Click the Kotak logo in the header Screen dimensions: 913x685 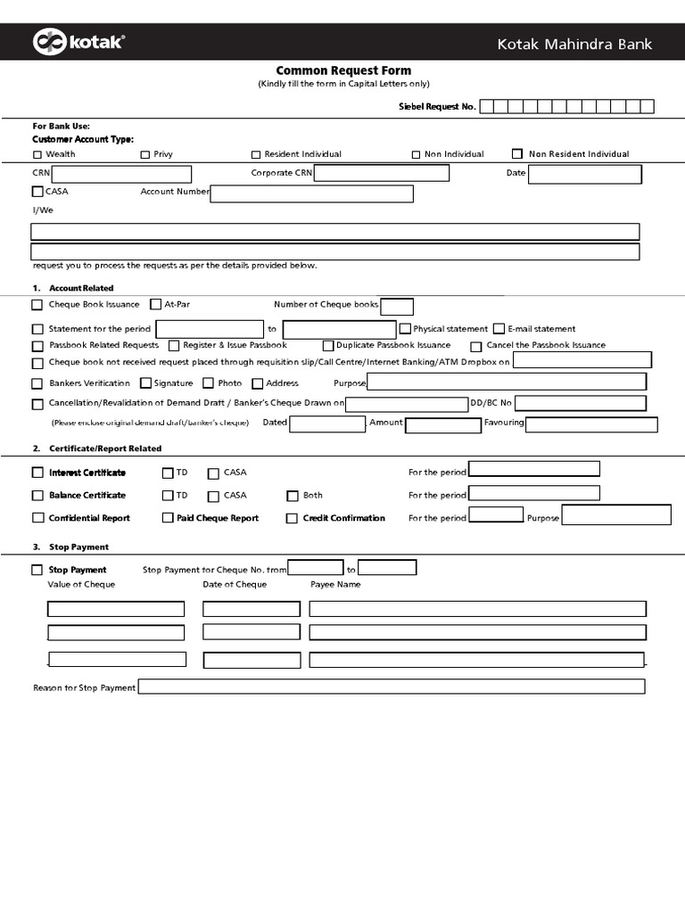tap(78, 42)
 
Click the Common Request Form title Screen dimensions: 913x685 tap(343, 70)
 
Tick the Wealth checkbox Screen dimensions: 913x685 tap(37, 155)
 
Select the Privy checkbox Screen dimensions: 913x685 tap(145, 155)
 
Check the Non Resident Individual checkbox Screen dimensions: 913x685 tap(517, 154)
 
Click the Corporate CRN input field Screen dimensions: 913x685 tap(382, 173)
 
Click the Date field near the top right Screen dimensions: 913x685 tap(584, 174)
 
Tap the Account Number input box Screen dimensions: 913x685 tap(312, 193)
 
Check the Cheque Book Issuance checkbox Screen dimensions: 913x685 tap(37, 305)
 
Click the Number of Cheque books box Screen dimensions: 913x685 tap(397, 307)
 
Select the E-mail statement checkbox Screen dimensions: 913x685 tap(499, 329)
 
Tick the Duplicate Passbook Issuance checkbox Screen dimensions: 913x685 tap(328, 346)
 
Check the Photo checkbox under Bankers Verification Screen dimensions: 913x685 tap(209, 383)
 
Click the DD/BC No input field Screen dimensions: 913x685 tap(587, 403)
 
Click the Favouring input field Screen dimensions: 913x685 tap(591, 424)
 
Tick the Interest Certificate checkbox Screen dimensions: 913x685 tap(37, 473)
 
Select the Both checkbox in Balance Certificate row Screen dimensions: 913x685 tap(292, 496)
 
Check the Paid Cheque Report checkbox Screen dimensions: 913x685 tap(168, 518)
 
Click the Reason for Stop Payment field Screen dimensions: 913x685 tap(391, 687)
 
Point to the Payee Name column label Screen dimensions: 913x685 tap(335, 585)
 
